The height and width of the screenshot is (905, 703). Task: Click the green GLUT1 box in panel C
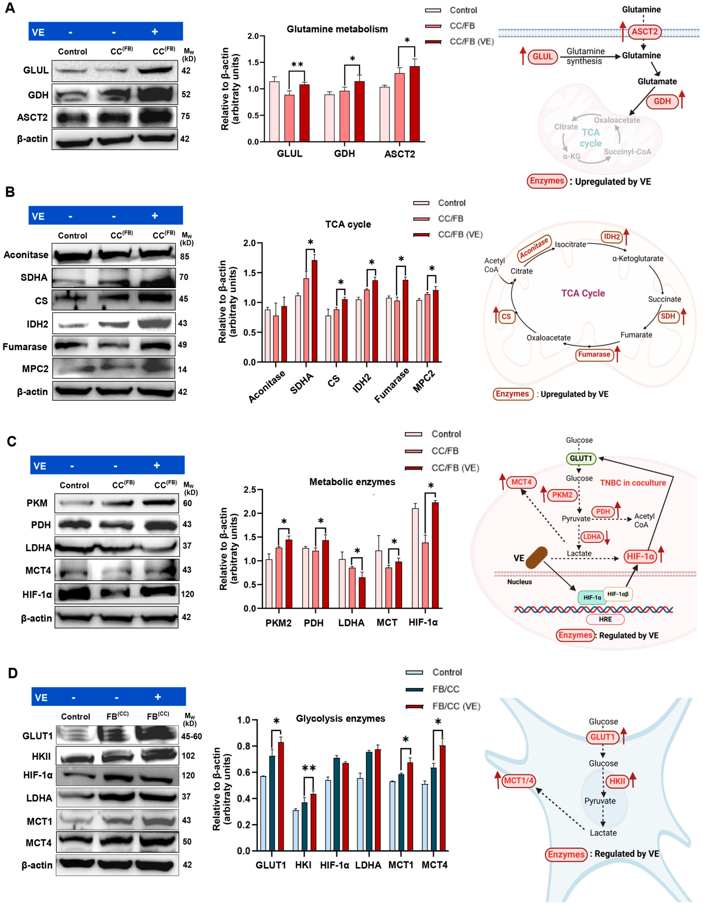coord(581,458)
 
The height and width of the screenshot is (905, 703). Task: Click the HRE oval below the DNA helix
coord(605,619)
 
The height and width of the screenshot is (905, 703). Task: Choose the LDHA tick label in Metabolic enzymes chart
coord(351,623)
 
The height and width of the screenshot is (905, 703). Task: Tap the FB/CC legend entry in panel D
coord(445,689)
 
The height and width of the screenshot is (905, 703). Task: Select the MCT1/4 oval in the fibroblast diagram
coord(518,781)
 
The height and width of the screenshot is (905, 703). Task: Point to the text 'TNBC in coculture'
coord(633,483)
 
